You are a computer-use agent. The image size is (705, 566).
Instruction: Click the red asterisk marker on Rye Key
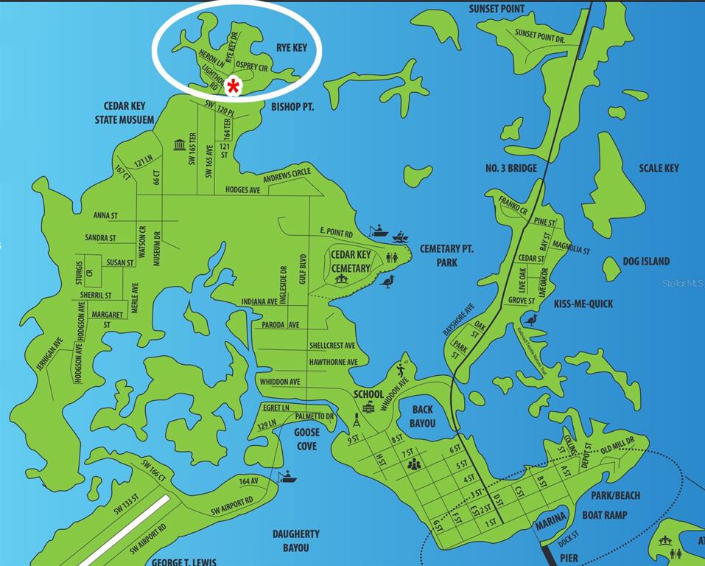tap(234, 85)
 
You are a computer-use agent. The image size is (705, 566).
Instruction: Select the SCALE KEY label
tap(659, 168)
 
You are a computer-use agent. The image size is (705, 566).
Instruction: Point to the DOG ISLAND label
tap(646, 261)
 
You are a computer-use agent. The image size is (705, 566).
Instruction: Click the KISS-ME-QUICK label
tap(583, 304)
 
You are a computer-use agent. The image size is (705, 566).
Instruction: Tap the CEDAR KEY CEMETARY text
tap(350, 262)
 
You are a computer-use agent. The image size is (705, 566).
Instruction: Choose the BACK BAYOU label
tap(423, 416)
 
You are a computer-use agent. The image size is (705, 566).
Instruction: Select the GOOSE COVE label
tap(306, 440)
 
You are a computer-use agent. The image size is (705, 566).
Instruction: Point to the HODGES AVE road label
tap(244, 190)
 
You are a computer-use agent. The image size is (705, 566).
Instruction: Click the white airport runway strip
tap(124, 531)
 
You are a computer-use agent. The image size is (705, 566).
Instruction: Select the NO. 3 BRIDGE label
tap(511, 168)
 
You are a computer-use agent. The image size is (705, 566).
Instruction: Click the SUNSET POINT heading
tap(497, 9)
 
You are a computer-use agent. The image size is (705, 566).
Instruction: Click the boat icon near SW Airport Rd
tap(287, 478)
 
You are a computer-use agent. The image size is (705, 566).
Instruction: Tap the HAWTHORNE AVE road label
tap(333, 362)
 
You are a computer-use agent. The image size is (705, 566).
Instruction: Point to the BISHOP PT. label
tap(292, 107)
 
